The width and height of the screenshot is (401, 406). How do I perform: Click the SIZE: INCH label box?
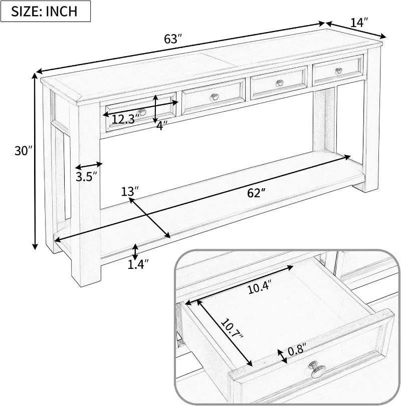coord(46,11)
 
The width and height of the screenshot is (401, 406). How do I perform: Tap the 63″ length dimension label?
coord(171,39)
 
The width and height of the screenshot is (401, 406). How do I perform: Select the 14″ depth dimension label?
coord(359,23)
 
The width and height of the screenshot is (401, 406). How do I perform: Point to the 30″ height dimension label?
coord(24,151)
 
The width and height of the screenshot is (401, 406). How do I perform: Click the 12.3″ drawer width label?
coord(125,119)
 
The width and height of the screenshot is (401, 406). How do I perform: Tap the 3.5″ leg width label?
coord(86,177)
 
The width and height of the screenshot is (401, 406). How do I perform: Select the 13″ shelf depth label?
coord(130,191)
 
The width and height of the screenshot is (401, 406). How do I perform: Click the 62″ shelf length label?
coord(256,193)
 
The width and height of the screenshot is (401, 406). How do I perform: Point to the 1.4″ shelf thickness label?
coord(138,264)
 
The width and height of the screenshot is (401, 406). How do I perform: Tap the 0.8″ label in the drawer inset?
coord(297,349)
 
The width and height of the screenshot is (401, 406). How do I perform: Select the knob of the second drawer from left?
coord(215,97)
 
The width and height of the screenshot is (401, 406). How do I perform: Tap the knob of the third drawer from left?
coord(280,83)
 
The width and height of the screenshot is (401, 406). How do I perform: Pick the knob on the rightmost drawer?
coord(339,71)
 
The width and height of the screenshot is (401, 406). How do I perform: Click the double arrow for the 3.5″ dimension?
coord(89,166)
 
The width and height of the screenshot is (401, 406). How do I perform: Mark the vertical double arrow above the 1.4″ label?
coord(135,250)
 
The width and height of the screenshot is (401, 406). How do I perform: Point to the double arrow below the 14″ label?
coord(356,30)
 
